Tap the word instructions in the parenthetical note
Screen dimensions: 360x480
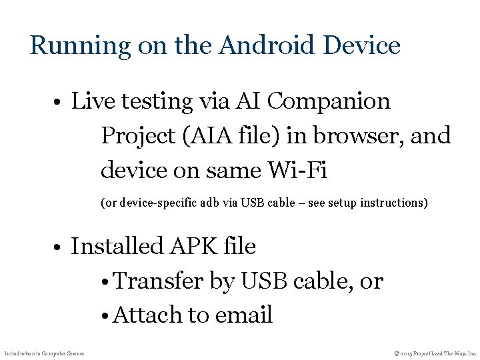click(x=393, y=202)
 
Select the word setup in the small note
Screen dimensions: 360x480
click(x=339, y=202)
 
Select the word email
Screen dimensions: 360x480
click(x=243, y=315)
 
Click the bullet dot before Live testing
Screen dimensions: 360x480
click(x=60, y=103)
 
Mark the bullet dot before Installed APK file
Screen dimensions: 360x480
click(x=60, y=248)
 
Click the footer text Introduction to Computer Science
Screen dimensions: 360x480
click(x=44, y=352)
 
